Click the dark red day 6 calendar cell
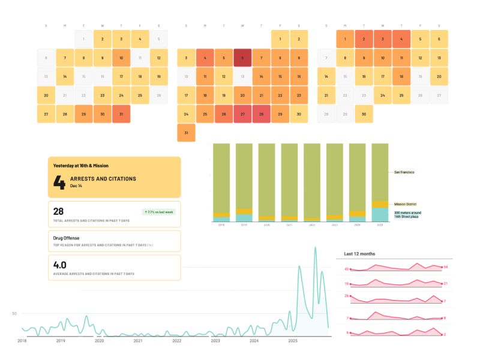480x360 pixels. point(242,58)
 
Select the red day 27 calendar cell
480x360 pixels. point(242,114)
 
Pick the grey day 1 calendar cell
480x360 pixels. point(84,40)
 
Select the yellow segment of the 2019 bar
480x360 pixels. point(244,211)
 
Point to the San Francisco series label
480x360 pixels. point(404,172)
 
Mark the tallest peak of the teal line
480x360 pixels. point(316,247)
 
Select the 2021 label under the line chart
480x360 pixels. point(138,341)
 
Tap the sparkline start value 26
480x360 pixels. point(347,296)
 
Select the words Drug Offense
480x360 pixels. point(66,237)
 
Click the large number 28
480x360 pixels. point(59,212)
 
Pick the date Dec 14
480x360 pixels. point(76,186)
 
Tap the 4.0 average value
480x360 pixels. point(60,265)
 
